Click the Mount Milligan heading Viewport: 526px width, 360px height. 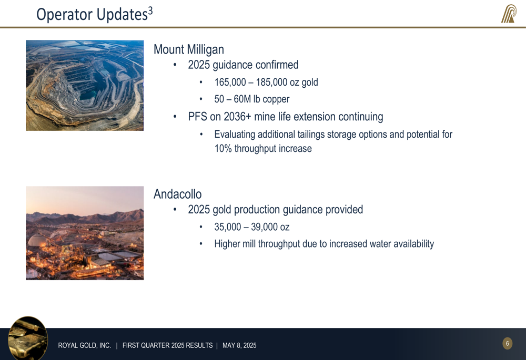188,49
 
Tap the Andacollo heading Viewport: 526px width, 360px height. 177,194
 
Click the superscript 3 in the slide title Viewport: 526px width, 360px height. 150,11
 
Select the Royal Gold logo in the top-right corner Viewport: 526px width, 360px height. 509,14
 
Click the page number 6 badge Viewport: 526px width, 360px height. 507,343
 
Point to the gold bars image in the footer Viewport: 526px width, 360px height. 28,338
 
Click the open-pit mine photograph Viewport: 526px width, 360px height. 85,86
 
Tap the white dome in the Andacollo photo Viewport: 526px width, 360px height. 38,240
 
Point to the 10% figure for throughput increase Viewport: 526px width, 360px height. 223,148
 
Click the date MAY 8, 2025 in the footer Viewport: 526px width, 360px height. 239,345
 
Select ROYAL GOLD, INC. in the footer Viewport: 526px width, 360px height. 85,345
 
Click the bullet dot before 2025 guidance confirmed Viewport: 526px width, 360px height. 175,65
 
